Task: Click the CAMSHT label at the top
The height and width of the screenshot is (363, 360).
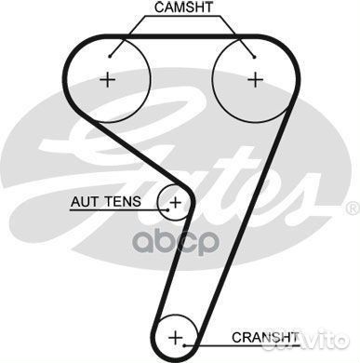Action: pos(183,8)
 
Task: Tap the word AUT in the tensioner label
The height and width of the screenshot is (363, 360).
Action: pos(85,201)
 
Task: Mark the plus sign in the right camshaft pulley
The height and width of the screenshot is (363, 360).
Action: pos(255,79)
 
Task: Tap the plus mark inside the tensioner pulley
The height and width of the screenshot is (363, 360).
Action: pos(175,201)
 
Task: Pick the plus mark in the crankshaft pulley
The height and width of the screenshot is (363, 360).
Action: pos(179,335)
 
